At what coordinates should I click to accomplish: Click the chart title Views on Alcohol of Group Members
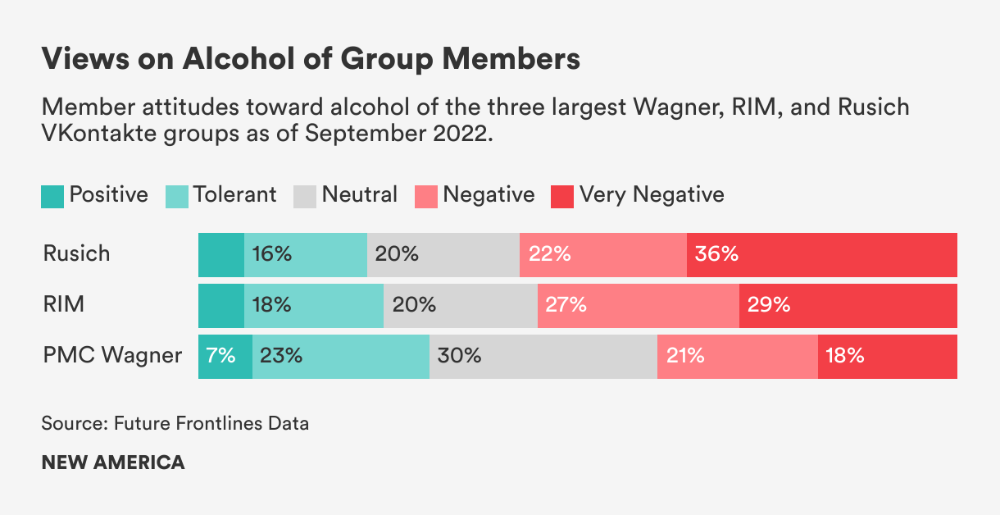(x=311, y=59)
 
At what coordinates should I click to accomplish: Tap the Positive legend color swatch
(x=52, y=196)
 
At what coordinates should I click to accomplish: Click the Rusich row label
(x=76, y=253)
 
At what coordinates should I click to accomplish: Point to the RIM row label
(x=63, y=305)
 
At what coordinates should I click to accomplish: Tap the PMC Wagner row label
(x=112, y=356)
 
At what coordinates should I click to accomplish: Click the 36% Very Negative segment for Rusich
(x=821, y=254)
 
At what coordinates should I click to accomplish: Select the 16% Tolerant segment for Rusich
(x=305, y=254)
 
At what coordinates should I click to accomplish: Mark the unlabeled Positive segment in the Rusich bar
(x=221, y=254)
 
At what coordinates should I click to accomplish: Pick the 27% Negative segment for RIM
(x=638, y=306)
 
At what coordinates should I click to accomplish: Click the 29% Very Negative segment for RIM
(x=848, y=306)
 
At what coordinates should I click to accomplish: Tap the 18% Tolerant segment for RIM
(x=314, y=306)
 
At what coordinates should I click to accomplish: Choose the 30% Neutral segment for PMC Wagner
(x=543, y=357)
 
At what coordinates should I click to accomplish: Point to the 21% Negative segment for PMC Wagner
(x=737, y=357)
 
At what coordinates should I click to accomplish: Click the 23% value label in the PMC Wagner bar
(x=281, y=357)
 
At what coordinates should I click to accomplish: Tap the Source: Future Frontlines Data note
(x=175, y=424)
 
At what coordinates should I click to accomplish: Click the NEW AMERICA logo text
(x=113, y=462)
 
